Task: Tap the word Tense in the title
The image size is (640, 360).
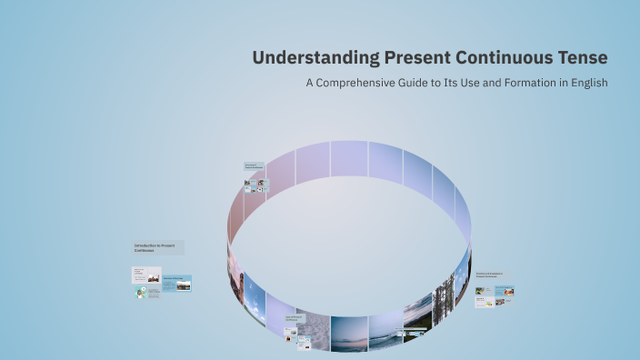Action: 584,58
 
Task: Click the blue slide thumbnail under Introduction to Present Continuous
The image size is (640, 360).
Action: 177,285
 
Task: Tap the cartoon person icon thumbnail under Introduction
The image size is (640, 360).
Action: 142,294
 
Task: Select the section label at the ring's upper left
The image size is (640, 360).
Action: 255,167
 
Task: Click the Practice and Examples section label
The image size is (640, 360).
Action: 492,275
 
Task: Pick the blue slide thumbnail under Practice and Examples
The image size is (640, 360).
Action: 505,291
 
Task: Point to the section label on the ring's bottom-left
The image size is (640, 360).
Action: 294,319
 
